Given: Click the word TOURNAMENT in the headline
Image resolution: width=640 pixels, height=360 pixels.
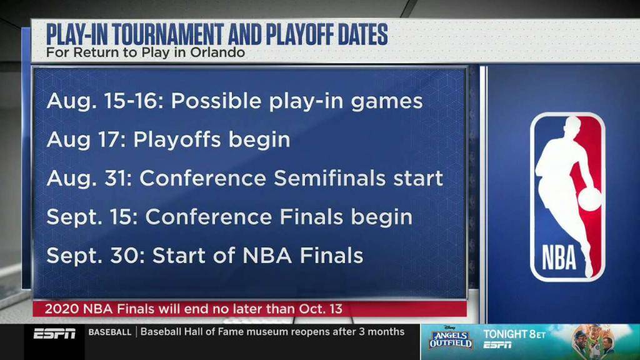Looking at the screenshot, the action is [x=169, y=35].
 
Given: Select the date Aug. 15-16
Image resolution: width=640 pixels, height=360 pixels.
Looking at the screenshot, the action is [x=105, y=101].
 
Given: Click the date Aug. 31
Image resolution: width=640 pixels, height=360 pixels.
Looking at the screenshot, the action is [x=89, y=179].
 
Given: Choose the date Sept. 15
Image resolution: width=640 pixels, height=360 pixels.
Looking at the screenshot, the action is [x=92, y=217].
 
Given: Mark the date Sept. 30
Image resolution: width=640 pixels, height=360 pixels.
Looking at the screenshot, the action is [x=96, y=256].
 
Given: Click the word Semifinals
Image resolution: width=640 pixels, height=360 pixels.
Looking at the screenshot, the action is [x=329, y=178].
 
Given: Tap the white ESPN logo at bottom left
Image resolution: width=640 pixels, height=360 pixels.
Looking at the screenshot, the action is [x=54, y=334].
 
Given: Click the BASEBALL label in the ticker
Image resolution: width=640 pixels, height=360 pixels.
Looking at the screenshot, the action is [x=110, y=332].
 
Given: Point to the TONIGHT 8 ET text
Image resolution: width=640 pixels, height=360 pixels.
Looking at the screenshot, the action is [x=514, y=334].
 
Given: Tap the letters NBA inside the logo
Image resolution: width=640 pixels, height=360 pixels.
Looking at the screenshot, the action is [x=559, y=257].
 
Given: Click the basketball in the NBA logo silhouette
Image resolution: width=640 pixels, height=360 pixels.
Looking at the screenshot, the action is [x=589, y=199].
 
